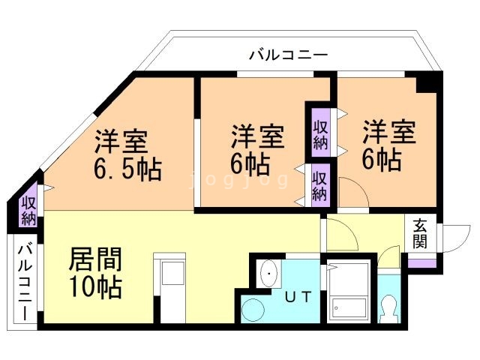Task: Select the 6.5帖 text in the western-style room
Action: coord(128,169)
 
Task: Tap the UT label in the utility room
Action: coord(297,296)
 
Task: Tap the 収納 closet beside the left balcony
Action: coord(28,210)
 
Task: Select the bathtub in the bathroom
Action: coord(348,292)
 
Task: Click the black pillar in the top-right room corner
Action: coord(430,83)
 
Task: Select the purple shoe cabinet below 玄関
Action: coord(420,263)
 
